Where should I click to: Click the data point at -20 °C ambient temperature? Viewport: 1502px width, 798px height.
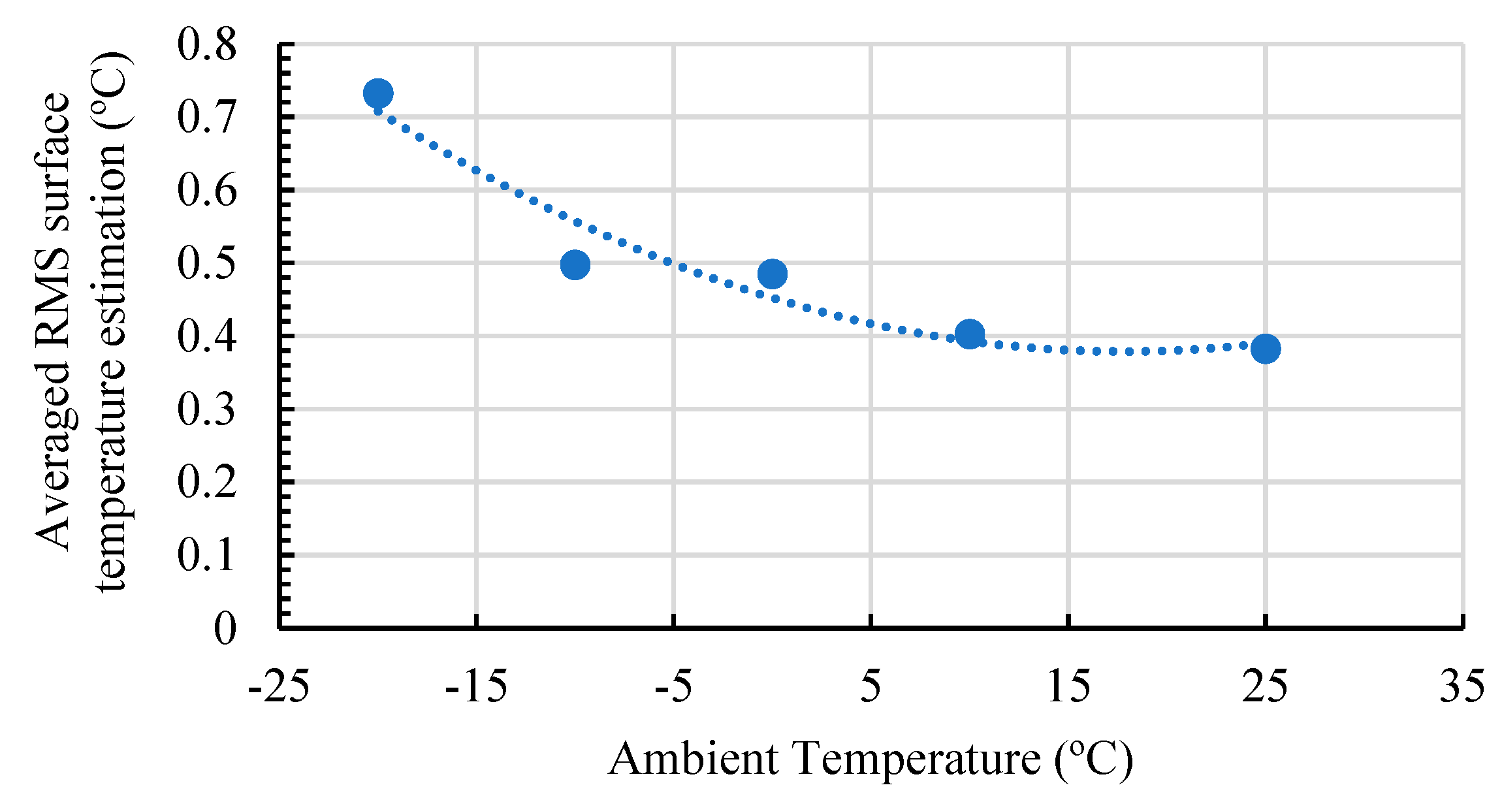click(x=378, y=93)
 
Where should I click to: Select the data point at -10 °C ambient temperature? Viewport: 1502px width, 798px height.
click(x=575, y=264)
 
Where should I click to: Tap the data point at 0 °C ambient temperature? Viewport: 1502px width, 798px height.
click(x=773, y=274)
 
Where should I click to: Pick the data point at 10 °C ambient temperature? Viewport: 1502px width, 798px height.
click(x=970, y=334)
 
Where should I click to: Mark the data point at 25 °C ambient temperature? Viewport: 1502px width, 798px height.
click(x=1266, y=349)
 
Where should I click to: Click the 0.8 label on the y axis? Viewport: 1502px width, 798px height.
click(x=206, y=46)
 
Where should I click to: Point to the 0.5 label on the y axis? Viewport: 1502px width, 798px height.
click(x=206, y=264)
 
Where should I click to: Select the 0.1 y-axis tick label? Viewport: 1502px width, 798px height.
click(x=206, y=556)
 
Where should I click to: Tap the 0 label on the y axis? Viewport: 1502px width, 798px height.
click(x=225, y=629)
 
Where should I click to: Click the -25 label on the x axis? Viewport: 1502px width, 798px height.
click(x=279, y=687)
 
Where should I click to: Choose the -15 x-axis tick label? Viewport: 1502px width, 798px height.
click(x=476, y=687)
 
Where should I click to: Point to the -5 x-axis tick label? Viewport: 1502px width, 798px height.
click(x=673, y=687)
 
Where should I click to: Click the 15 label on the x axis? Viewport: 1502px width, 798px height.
click(x=1068, y=687)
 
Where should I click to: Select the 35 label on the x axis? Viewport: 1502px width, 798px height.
click(x=1462, y=687)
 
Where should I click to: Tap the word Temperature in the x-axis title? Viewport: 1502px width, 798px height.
click(x=917, y=759)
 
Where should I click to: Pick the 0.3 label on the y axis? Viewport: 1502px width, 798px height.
click(x=206, y=410)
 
